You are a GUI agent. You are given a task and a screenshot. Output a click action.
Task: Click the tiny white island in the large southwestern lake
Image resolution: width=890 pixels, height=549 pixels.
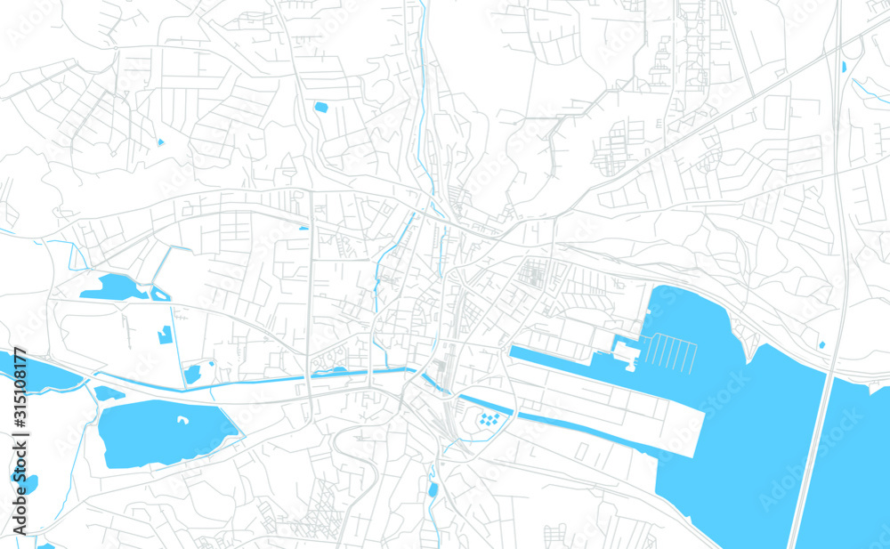(182, 419)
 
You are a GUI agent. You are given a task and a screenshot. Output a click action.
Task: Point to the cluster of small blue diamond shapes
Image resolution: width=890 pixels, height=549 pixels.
(489, 418)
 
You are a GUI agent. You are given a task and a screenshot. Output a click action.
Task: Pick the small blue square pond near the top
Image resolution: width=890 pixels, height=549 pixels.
(321, 107)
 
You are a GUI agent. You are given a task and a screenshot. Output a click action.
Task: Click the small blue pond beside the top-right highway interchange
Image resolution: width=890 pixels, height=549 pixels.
(844, 66)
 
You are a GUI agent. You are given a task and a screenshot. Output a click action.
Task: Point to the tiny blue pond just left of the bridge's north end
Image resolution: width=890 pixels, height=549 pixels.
(822, 344)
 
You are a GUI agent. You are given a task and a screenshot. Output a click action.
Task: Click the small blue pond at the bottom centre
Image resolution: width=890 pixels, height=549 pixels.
(433, 489)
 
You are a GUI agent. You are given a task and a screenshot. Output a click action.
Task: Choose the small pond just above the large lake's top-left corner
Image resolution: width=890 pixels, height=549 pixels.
(109, 392)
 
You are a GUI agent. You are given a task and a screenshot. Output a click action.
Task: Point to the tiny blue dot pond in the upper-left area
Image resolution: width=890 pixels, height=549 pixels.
(160, 141)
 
